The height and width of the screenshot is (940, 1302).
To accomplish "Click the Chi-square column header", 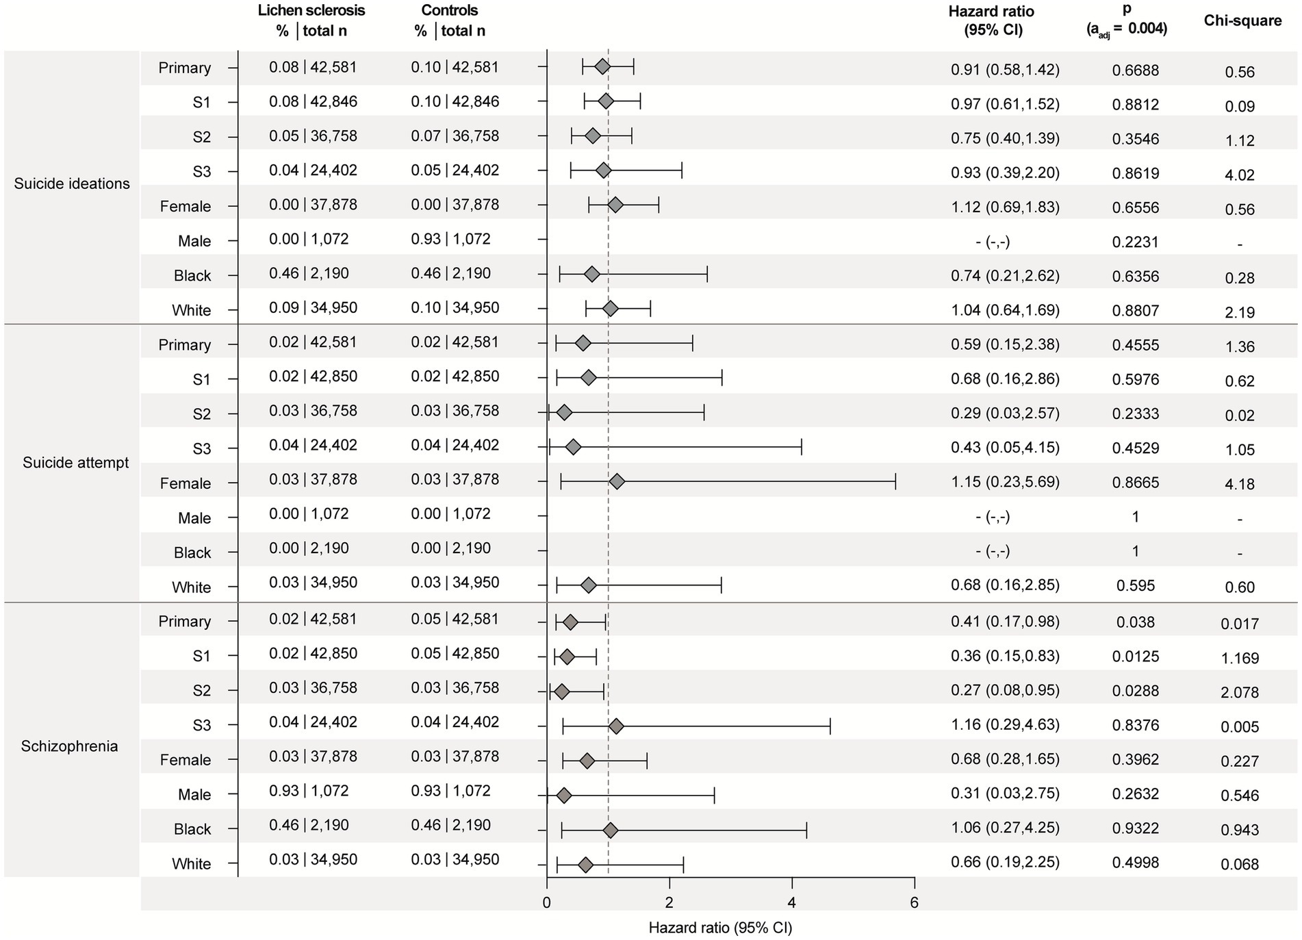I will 1242,21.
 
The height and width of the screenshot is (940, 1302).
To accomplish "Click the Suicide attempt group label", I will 75,463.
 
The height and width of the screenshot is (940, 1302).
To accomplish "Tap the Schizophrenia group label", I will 69,746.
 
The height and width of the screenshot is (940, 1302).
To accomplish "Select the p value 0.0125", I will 1135,657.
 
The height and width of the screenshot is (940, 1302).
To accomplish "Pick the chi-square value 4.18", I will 1240,484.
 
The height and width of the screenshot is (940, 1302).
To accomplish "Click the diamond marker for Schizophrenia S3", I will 616,726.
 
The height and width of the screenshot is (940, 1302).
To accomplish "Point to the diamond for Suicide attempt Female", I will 617,483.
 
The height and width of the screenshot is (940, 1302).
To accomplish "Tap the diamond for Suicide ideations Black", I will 592,275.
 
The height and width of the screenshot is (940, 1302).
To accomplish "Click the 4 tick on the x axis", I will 792,903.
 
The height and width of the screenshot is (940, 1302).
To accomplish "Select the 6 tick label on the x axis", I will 915,903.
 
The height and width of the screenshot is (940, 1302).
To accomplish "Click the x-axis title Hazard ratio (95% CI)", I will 720,928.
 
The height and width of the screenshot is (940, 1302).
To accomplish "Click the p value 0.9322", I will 1135,829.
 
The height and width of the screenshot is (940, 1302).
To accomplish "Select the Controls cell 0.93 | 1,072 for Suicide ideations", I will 450,240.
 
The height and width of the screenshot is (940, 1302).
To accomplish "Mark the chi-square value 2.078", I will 1239,692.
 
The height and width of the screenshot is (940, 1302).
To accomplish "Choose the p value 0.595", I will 1135,586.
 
